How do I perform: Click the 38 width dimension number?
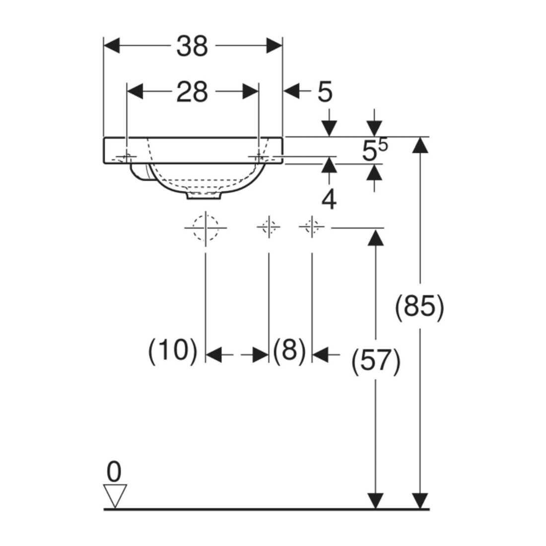192,46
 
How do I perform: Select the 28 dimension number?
192,92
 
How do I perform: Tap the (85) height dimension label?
419,307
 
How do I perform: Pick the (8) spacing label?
289,349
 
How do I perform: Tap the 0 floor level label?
114,472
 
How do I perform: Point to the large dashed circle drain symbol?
205,228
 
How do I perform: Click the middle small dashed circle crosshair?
269,227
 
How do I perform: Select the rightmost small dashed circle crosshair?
312,227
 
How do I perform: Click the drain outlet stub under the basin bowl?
204,196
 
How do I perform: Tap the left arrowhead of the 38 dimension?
112,45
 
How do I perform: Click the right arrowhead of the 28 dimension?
251,91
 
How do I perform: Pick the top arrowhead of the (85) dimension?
420,145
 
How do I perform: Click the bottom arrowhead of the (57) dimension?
375,501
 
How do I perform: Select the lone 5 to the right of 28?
325,92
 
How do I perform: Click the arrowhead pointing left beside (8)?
320,355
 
